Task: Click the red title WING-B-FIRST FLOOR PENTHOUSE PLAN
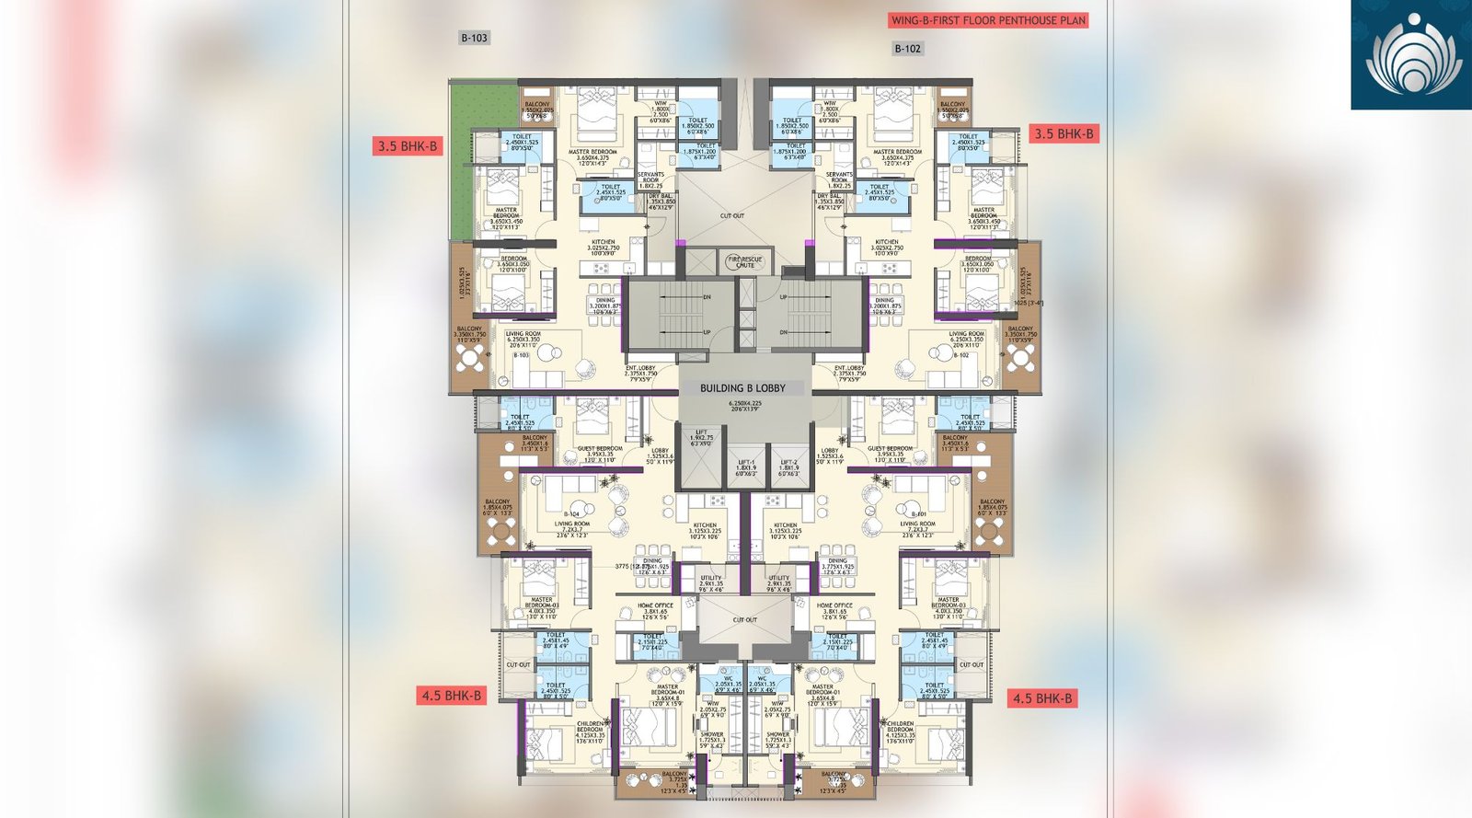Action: (988, 20)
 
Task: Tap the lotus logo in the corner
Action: (1412, 55)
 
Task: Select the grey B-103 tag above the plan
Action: (474, 38)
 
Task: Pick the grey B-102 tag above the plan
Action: (907, 49)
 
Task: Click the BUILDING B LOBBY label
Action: (742, 388)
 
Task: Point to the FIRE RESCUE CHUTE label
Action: (745, 262)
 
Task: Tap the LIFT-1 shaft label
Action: (746, 463)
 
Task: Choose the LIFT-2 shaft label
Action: (789, 463)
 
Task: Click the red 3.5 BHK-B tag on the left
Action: (408, 146)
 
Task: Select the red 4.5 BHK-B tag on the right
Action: (1042, 698)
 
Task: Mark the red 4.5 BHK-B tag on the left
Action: (451, 696)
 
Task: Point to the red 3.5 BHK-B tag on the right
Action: (1064, 134)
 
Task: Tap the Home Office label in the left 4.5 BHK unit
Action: (655, 605)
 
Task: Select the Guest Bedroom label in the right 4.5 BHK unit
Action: (890, 449)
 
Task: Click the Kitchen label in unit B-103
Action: (604, 242)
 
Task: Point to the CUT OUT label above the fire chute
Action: (732, 216)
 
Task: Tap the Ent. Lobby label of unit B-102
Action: (849, 368)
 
